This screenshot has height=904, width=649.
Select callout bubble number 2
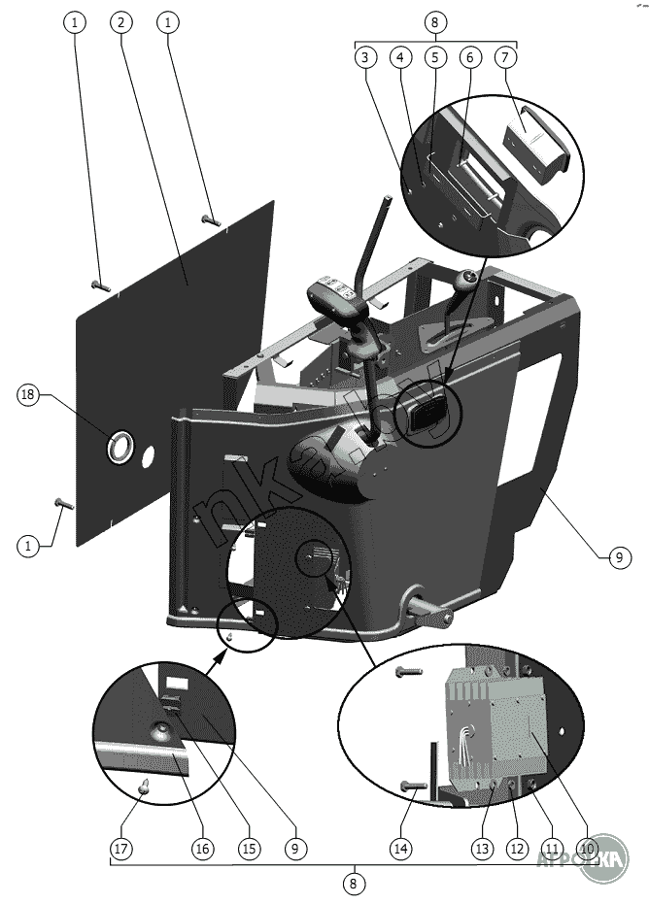pos(120,21)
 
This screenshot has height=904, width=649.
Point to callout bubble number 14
pos(401,848)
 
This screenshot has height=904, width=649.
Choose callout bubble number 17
pos(120,848)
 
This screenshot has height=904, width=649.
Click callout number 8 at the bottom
pos(354,884)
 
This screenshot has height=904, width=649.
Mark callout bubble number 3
pos(364,58)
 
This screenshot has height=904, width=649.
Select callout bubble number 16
pos(201,848)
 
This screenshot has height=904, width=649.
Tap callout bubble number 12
pos(516,848)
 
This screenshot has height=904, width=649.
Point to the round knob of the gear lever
pos(468,282)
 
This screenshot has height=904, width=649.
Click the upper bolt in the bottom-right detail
pos(408,671)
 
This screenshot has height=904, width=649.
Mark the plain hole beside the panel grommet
pos(149,454)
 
